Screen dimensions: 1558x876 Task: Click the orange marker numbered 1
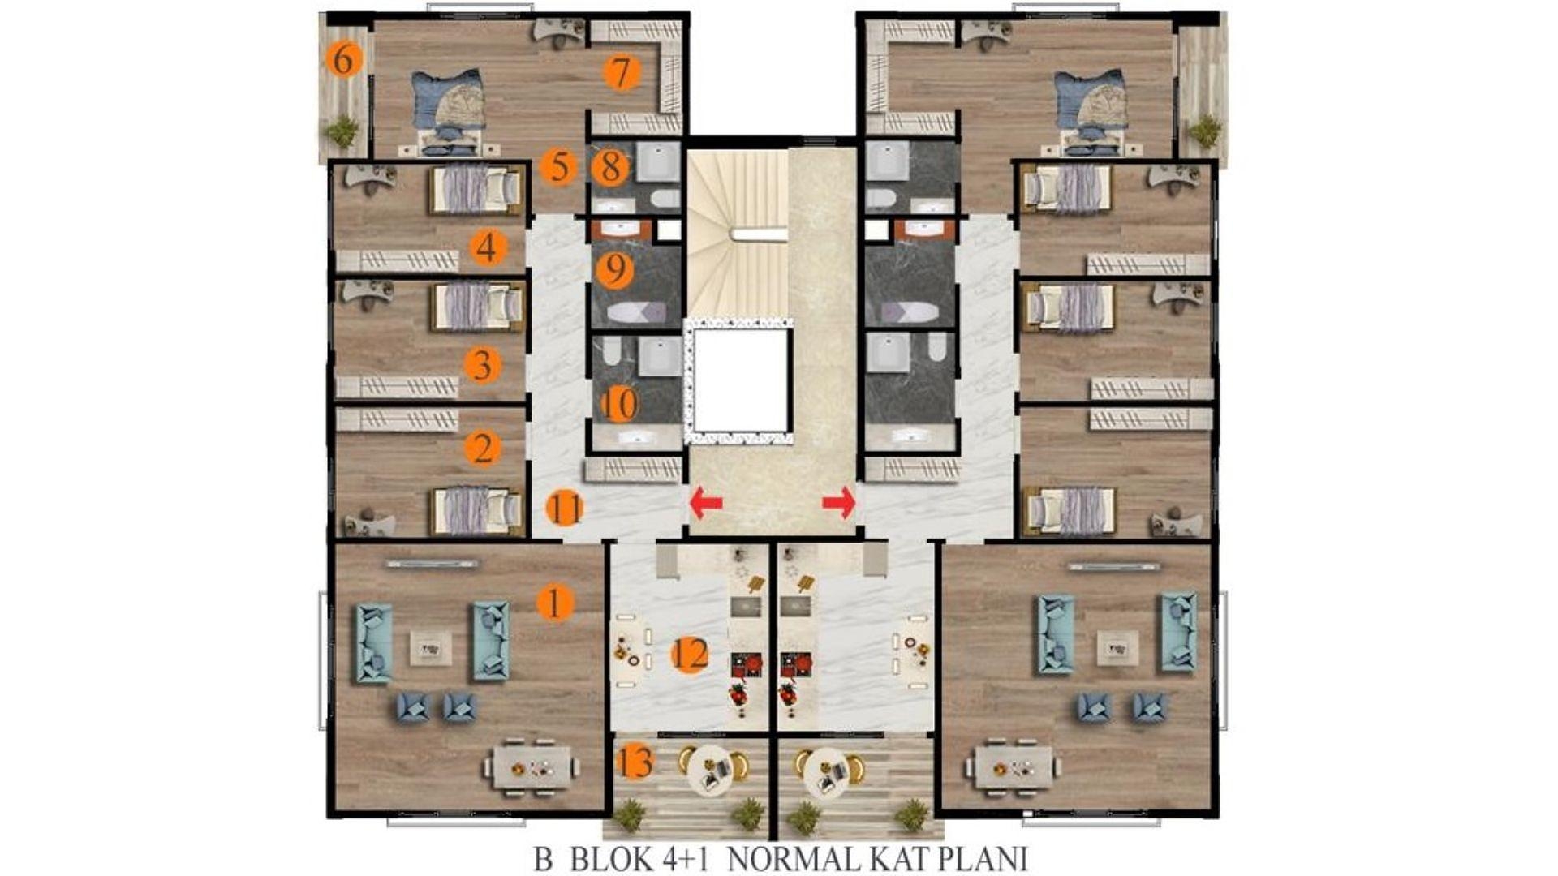tap(556, 603)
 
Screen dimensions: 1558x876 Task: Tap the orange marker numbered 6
tap(343, 60)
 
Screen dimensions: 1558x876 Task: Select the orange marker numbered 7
tap(622, 73)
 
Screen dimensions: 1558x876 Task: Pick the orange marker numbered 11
tap(565, 509)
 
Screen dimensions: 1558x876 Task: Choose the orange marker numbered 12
tap(690, 655)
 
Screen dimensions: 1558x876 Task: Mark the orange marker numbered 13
tap(635, 762)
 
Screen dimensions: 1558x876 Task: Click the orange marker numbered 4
tap(487, 247)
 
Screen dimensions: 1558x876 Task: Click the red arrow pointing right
tap(839, 503)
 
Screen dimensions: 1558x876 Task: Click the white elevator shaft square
tap(741, 380)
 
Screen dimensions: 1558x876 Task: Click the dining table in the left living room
tap(532, 766)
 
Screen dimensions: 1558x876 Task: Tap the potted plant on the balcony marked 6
tap(342, 131)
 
